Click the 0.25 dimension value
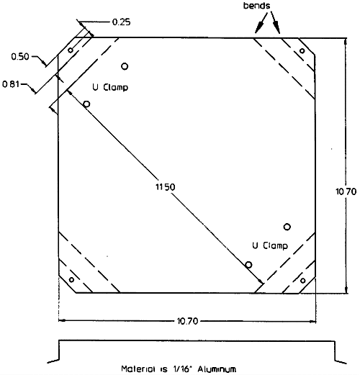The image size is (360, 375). pyautogui.click(x=122, y=22)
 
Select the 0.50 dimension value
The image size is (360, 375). pyautogui.click(x=20, y=57)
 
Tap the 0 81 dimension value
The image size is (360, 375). pyautogui.click(x=11, y=84)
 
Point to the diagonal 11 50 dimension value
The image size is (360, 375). pyautogui.click(x=166, y=186)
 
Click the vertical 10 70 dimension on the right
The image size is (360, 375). pyautogui.click(x=346, y=191)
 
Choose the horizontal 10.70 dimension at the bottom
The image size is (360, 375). pyautogui.click(x=187, y=321)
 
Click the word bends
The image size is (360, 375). pyautogui.click(x=257, y=6)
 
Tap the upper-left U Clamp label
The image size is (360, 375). pyautogui.click(x=110, y=87)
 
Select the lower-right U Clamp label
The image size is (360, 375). pyautogui.click(x=270, y=245)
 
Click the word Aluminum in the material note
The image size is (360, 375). pyautogui.click(x=217, y=369)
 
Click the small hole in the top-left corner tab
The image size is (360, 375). pyautogui.click(x=71, y=50)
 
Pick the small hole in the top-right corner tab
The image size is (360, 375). pyautogui.click(x=302, y=51)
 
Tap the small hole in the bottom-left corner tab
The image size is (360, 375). pyautogui.click(x=71, y=280)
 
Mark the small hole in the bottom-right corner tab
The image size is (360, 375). pyautogui.click(x=303, y=281)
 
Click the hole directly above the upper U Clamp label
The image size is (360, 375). pyautogui.click(x=125, y=66)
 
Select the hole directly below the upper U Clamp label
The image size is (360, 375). pyautogui.click(x=86, y=104)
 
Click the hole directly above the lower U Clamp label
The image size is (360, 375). pyautogui.click(x=287, y=227)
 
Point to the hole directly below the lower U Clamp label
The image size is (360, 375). pyautogui.click(x=248, y=265)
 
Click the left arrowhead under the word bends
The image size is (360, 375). pyautogui.click(x=258, y=28)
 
